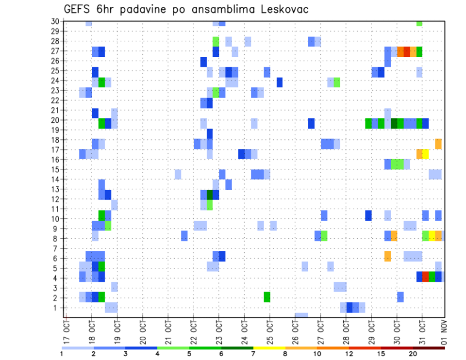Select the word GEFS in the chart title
pyautogui.click(x=77, y=10)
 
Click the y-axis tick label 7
pyautogui.click(x=57, y=248)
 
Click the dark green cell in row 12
pyautogui.click(x=210, y=195)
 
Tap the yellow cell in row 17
pyautogui.click(x=426, y=154)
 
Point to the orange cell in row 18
pyautogui.click(x=438, y=144)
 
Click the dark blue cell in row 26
pyautogui.click(x=203, y=62)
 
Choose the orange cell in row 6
pyautogui.click(x=388, y=256)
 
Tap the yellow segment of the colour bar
pyautogui.click(x=269, y=348)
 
